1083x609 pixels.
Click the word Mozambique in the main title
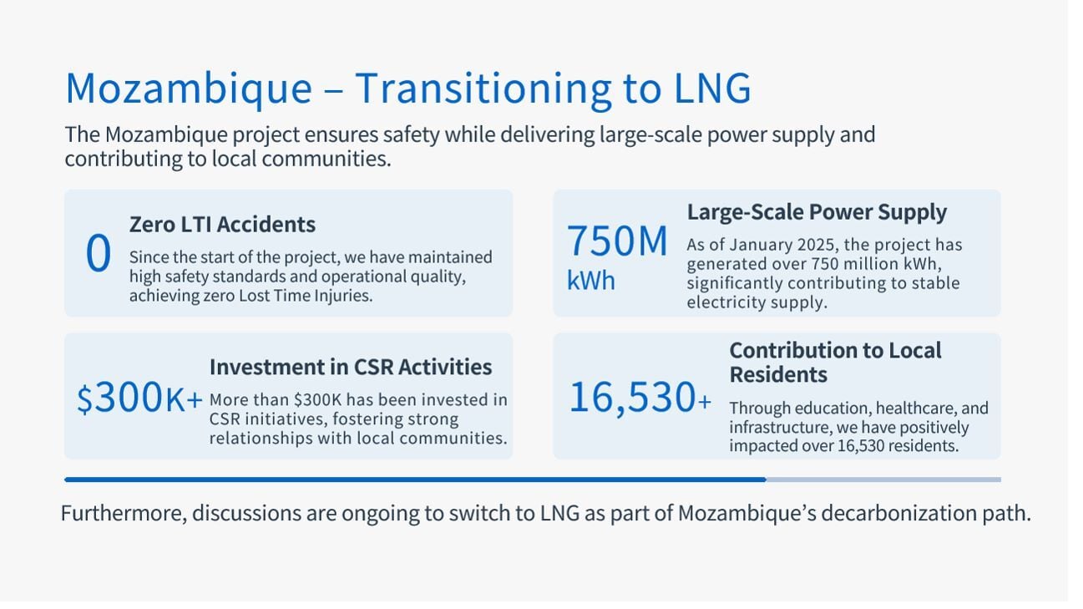point(189,89)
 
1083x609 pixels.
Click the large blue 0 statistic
point(98,254)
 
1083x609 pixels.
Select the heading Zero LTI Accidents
point(222,224)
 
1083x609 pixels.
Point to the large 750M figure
point(617,241)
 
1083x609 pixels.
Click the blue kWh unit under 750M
point(590,281)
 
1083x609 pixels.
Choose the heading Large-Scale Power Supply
point(817,212)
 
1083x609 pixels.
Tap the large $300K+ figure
point(139,399)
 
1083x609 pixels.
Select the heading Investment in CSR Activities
point(351,367)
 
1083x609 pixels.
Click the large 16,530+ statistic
point(640,398)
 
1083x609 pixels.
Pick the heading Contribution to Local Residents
point(835,362)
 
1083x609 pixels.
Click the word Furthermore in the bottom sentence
point(123,513)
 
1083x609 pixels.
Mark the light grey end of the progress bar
point(883,480)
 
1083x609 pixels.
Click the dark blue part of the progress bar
point(415,480)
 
